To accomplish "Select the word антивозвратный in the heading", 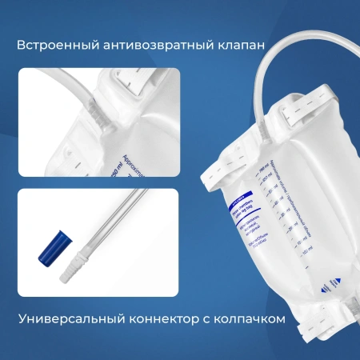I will point(140,44).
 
